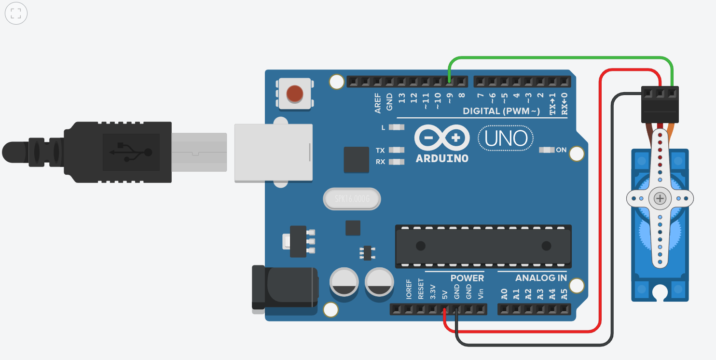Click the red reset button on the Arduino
pyautogui.click(x=295, y=93)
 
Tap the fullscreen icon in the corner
pyautogui.click(x=15, y=14)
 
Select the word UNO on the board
pyautogui.click(x=506, y=139)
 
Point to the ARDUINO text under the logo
pyautogui.click(x=441, y=158)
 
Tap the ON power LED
pyautogui.click(x=547, y=150)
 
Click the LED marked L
pyautogui.click(x=397, y=127)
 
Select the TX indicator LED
pyautogui.click(x=397, y=150)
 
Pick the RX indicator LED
pyautogui.click(x=397, y=162)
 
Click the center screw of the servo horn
pyautogui.click(x=660, y=198)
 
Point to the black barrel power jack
pyautogui.click(x=285, y=288)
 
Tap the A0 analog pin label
pyautogui.click(x=504, y=294)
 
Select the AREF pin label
pyautogui.click(x=378, y=103)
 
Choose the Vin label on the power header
pyautogui.click(x=481, y=293)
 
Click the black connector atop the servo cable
pyautogui.click(x=660, y=104)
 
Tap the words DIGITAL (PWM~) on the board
pyautogui.click(x=501, y=111)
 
